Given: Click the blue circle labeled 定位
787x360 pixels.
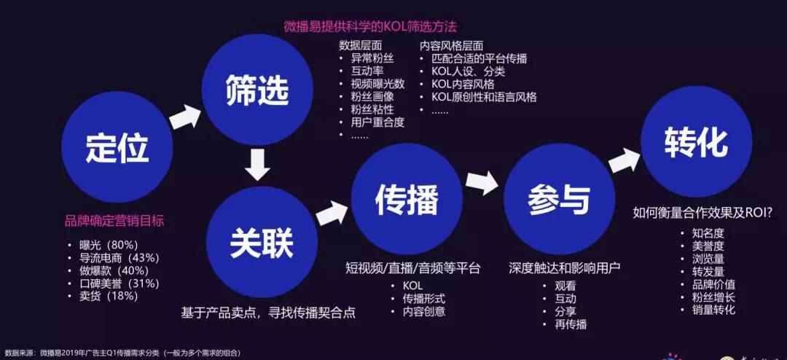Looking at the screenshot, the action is (117, 146).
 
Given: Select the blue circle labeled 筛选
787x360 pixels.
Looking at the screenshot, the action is (257, 90).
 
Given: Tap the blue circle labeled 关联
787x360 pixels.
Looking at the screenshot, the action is (262, 242).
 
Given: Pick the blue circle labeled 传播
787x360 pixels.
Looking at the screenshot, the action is (407, 199).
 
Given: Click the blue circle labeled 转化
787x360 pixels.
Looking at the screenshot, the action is (697, 141).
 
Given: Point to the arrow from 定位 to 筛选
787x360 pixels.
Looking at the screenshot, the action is (184, 117).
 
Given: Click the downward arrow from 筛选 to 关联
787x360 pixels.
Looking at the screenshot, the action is (258, 165).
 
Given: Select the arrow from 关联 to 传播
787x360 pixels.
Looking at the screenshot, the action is (332, 213).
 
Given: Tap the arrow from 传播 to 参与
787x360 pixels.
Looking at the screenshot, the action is (482, 183).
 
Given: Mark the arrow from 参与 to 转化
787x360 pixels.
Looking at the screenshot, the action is (625, 160).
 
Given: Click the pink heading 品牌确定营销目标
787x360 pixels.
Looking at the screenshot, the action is (114, 221).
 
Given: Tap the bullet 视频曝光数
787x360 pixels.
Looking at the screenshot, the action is (372, 83).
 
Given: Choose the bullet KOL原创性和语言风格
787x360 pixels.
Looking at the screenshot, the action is (479, 97).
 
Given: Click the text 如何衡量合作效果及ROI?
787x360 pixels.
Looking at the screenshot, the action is (703, 213).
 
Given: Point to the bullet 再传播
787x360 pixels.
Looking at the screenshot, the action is (565, 324).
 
